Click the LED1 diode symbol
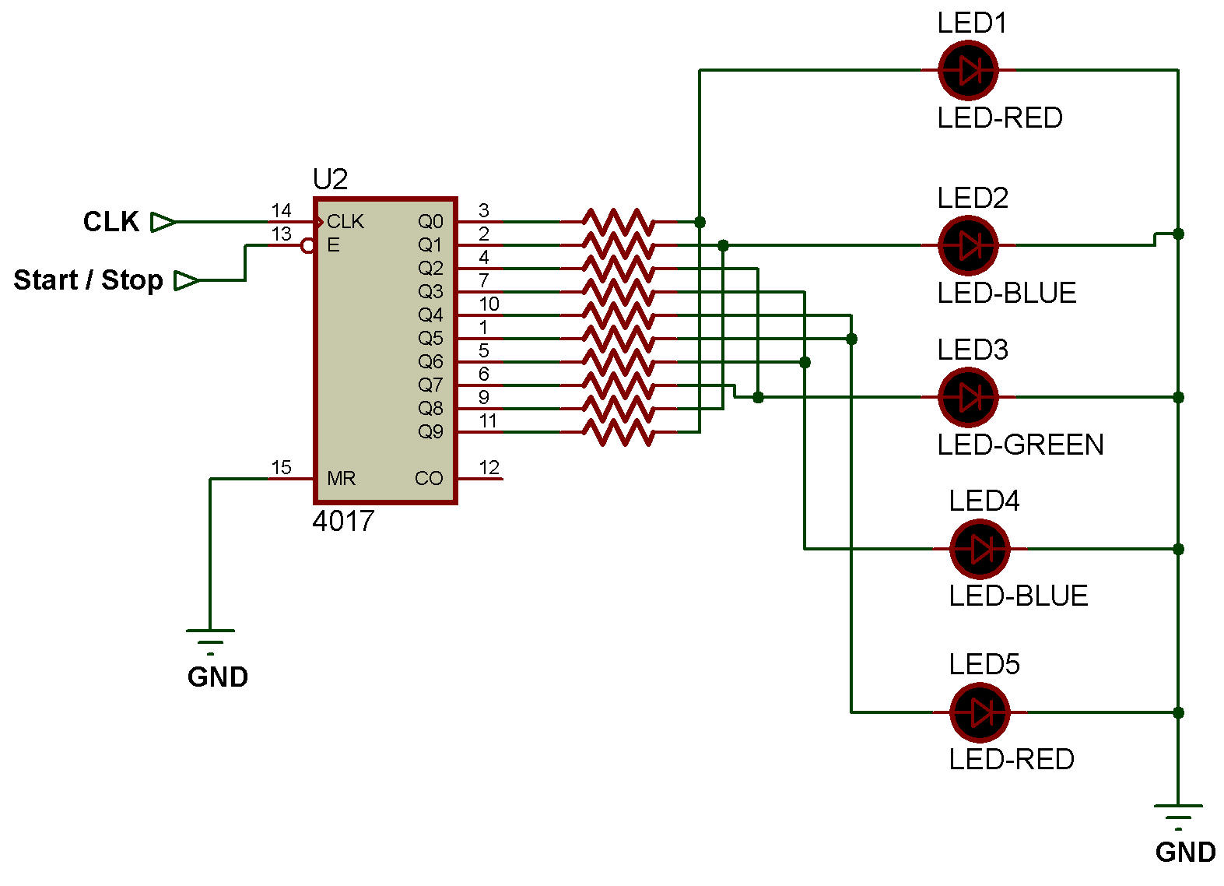click(968, 70)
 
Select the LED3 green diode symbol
click(968, 397)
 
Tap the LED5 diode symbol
click(980, 712)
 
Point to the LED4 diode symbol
click(980, 549)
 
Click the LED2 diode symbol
click(968, 245)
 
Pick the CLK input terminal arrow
click(163, 222)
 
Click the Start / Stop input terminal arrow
click(186, 280)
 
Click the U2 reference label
click(330, 180)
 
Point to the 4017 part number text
click(343, 521)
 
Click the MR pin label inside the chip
click(341, 478)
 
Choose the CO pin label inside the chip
click(429, 478)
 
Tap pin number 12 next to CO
click(489, 467)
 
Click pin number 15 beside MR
click(281, 467)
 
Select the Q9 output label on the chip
click(430, 431)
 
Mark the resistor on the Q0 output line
click(618, 221)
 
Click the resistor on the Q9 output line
click(618, 432)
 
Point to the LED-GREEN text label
click(1020, 445)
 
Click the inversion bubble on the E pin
click(307, 246)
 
